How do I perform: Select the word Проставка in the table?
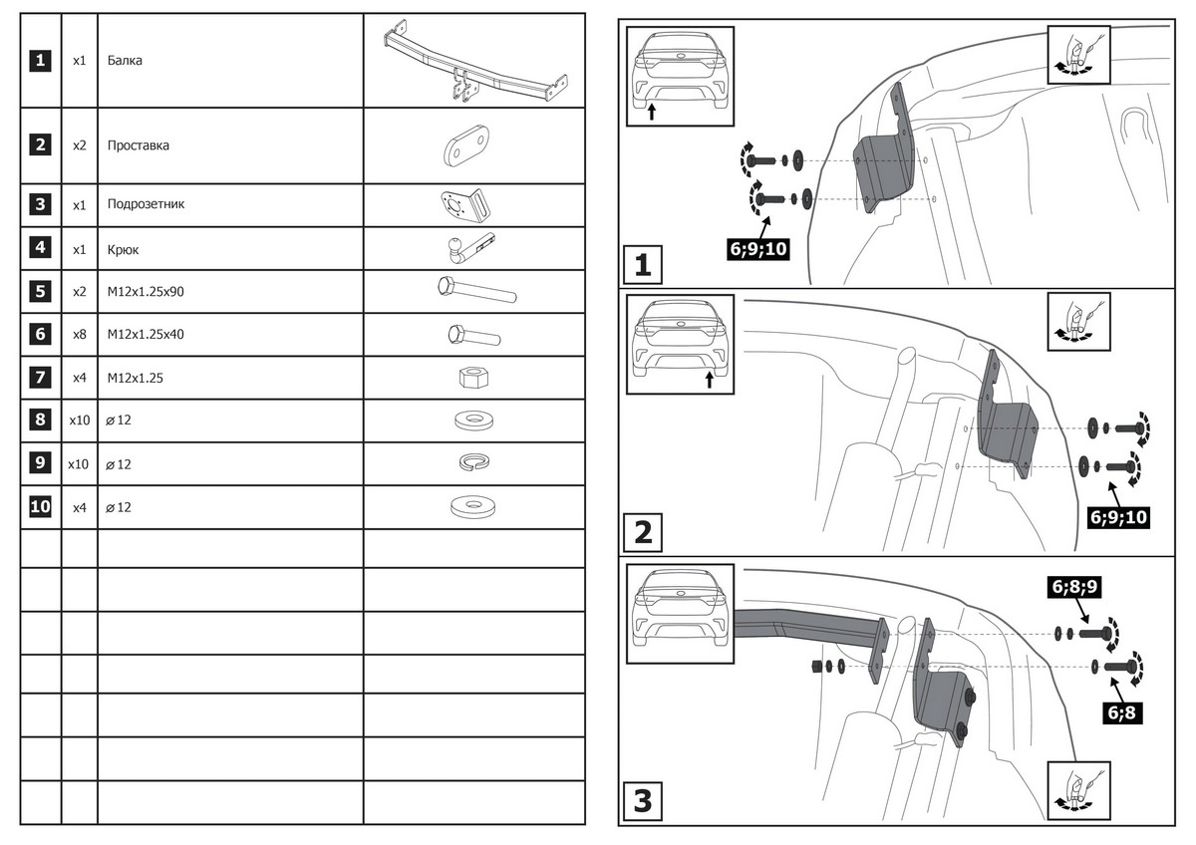139,145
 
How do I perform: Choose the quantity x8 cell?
79,335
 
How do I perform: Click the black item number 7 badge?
40,378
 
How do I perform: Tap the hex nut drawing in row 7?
473,378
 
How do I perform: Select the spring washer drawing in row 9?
473,463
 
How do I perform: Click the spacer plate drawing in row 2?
466,145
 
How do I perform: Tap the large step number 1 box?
643,266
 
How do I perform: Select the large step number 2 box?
643,533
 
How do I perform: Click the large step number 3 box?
643,800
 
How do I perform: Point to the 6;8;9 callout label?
1074,586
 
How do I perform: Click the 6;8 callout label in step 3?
1124,711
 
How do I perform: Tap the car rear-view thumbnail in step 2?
679,342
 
